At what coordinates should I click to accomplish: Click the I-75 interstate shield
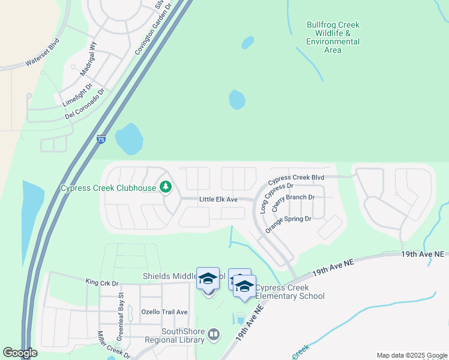[101, 139]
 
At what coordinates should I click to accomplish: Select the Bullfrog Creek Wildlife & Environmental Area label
[333, 37]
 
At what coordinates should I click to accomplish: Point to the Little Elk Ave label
[218, 199]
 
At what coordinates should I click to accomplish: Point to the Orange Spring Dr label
[288, 223]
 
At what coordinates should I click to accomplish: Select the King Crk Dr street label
[102, 282]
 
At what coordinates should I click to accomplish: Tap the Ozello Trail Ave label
[164, 312]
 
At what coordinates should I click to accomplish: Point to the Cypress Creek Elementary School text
[290, 292]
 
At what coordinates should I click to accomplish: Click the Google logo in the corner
[20, 353]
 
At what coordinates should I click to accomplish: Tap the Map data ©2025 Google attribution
[412, 355]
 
